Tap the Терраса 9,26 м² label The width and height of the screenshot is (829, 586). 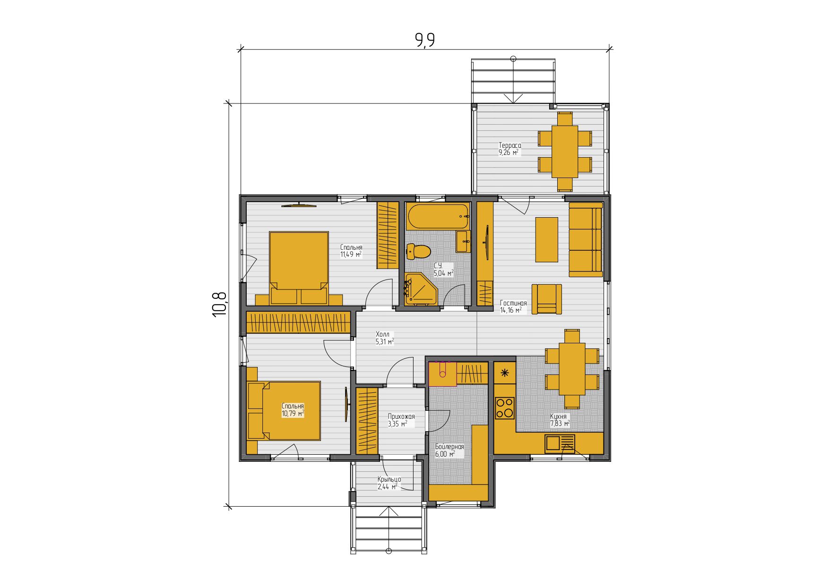[x=509, y=149]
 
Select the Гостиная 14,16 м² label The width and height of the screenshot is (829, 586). [x=513, y=306]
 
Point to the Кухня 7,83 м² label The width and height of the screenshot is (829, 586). [x=560, y=420]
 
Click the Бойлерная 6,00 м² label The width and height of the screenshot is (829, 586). [x=449, y=450]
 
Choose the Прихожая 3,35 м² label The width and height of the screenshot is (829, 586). [x=401, y=420]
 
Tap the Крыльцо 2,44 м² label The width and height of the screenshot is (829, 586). [x=389, y=483]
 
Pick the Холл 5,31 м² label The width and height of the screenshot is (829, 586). [x=385, y=338]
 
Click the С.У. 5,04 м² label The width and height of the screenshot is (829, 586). [x=443, y=269]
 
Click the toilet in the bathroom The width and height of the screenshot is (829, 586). [x=418, y=252]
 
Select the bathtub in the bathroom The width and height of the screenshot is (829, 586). [x=438, y=217]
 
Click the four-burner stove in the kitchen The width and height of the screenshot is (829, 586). [x=504, y=408]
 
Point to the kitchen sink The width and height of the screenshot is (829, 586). [x=560, y=444]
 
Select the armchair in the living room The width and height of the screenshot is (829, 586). [x=546, y=299]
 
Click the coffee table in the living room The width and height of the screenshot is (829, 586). [x=546, y=239]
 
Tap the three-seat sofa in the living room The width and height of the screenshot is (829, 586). [x=586, y=239]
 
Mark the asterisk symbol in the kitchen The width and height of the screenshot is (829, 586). [x=505, y=373]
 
